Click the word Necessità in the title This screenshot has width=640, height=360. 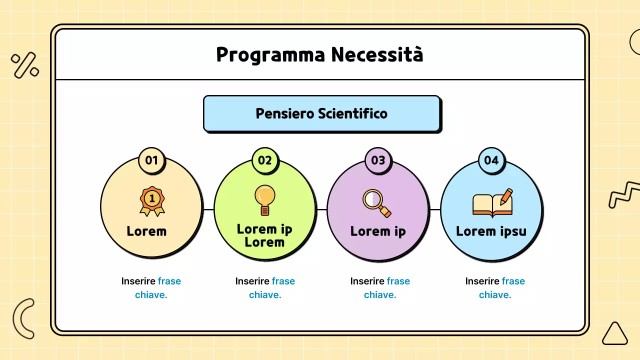click(377, 54)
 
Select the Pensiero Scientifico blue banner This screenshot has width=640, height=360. click(321, 113)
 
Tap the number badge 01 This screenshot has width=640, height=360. click(151, 160)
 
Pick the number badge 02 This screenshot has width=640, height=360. click(265, 160)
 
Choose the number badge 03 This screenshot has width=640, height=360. click(378, 160)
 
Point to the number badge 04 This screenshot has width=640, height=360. click(491, 160)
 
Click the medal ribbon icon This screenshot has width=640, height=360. click(152, 201)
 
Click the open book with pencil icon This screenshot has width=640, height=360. click(493, 203)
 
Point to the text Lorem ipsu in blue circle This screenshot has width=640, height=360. click(491, 231)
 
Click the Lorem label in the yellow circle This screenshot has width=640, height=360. click(146, 231)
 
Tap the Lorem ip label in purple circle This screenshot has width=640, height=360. click(378, 231)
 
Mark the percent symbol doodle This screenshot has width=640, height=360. click(25, 65)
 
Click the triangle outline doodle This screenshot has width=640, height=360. click(614, 334)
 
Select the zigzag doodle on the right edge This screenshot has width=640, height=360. click(624, 195)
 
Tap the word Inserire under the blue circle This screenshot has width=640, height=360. click(482, 281)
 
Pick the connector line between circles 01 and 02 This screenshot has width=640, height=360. click(208, 209)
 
